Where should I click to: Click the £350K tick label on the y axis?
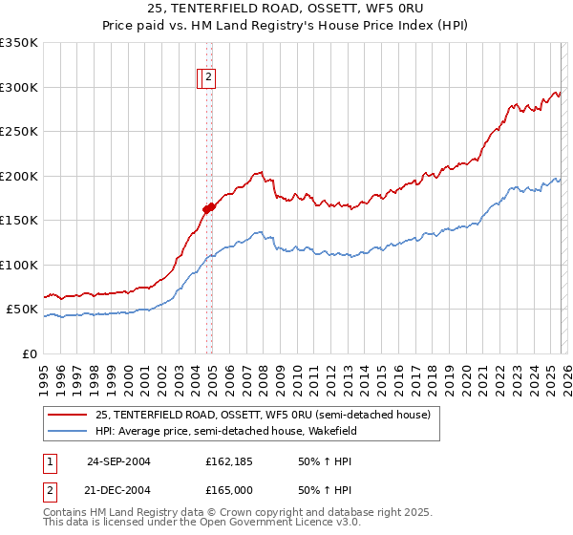click(19, 43)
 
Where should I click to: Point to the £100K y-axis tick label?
click(19, 265)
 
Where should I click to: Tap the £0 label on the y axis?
click(29, 353)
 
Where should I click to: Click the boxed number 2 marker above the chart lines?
click(209, 79)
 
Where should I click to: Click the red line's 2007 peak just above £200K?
click(259, 173)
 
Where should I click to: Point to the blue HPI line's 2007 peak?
click(259, 231)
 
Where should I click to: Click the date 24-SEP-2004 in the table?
click(118, 461)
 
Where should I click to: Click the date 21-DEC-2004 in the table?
click(118, 490)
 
